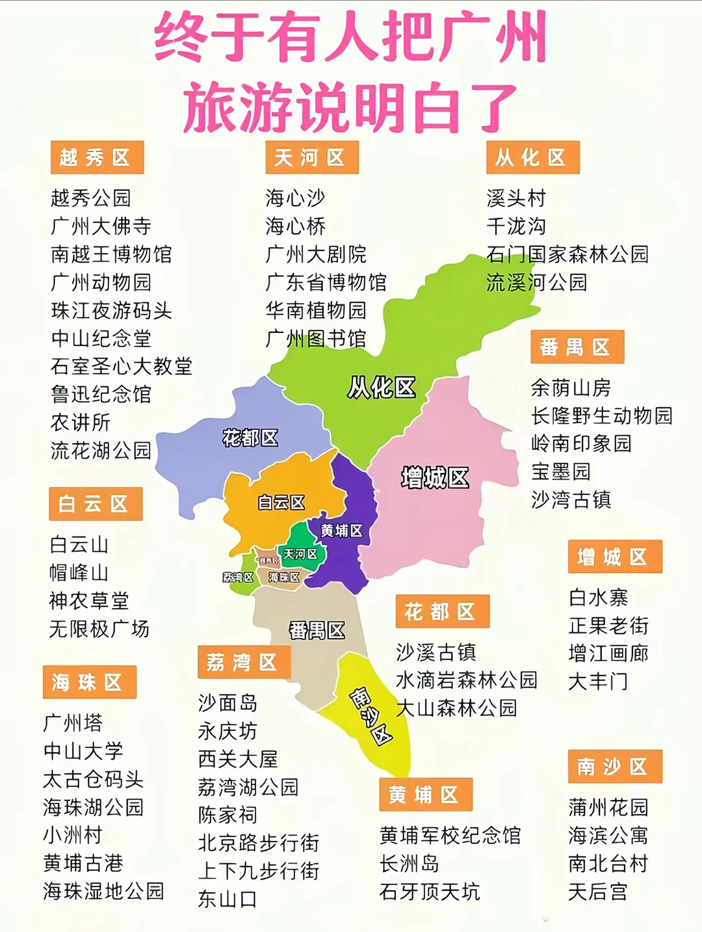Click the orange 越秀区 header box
click(x=97, y=157)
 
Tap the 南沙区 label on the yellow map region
click(x=371, y=716)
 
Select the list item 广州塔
click(x=73, y=723)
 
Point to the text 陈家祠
click(x=227, y=815)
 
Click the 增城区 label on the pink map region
click(x=434, y=478)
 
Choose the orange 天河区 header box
click(x=311, y=157)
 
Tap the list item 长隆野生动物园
click(x=601, y=416)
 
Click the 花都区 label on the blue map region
click(x=250, y=438)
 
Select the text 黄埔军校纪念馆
click(x=450, y=836)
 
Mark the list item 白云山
click(x=79, y=544)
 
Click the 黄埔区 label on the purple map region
click(x=341, y=531)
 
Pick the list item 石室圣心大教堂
click(x=122, y=366)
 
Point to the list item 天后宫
click(x=598, y=892)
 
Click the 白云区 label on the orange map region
click(x=281, y=502)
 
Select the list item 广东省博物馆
click(x=326, y=282)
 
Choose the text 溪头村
click(x=516, y=198)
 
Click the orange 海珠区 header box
click(x=89, y=682)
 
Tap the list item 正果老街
click(x=608, y=626)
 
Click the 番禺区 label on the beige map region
click(x=317, y=630)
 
